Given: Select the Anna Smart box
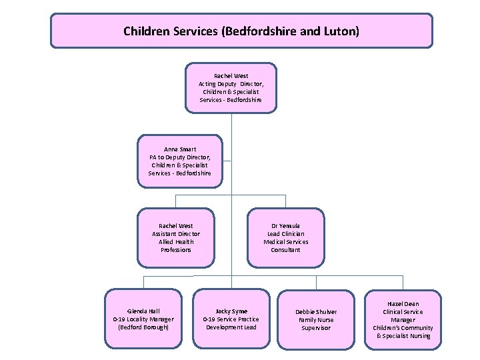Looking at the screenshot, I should point(179,161).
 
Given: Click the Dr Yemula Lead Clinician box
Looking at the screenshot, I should point(285,238).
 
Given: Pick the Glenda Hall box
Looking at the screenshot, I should point(143,319).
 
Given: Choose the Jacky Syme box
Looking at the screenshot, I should point(231,319).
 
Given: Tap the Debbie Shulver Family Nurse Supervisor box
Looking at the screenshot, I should point(316,319).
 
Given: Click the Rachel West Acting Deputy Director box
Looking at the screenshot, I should point(231,88).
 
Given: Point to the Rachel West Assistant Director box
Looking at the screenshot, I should point(176,238).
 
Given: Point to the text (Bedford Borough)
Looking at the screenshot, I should point(143,327).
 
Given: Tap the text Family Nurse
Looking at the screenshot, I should point(316,320).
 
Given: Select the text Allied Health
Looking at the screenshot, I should point(176,242).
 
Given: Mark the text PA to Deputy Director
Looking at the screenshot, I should point(179,157).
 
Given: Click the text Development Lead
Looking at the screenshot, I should point(231,327).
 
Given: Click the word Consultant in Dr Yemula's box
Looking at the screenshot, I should point(285,250).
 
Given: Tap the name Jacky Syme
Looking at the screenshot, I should point(231,311).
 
